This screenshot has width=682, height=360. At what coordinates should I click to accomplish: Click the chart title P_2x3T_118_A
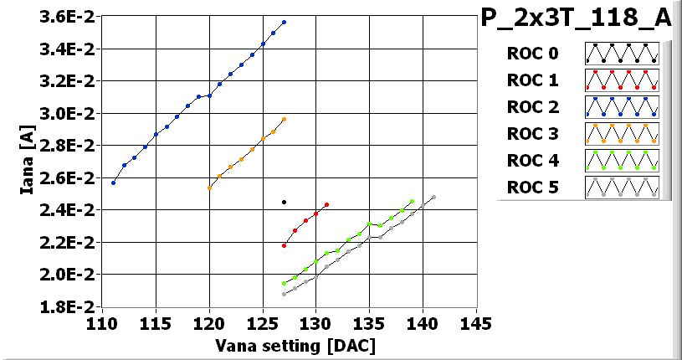coord(577,18)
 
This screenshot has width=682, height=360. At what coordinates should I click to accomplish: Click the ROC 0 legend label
coord(532,54)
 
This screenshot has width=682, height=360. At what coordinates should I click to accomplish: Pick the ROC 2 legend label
coord(532,107)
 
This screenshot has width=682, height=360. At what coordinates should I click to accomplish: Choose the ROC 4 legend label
coord(532,160)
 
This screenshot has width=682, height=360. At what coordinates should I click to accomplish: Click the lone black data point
coord(284,202)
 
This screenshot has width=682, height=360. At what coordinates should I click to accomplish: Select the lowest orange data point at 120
coord(209,188)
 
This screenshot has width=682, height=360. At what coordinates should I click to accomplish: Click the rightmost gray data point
coord(433,197)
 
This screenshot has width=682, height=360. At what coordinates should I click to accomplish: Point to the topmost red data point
coord(326,204)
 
